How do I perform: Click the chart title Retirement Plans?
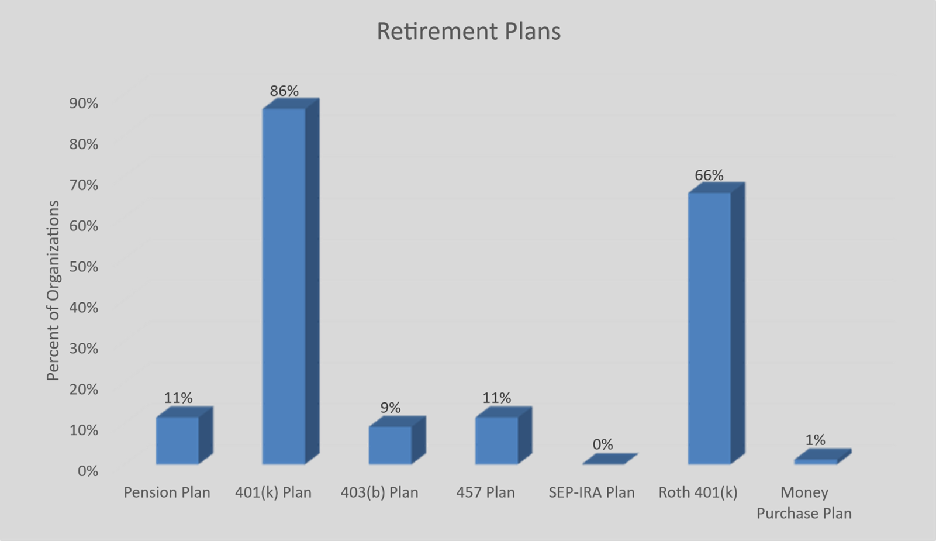point(468,32)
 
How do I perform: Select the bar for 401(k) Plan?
point(291,281)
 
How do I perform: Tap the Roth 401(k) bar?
point(716,323)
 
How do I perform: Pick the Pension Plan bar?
point(184,436)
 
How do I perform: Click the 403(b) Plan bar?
point(397,440)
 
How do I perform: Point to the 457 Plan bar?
point(503,436)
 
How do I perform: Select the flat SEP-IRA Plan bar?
point(610,459)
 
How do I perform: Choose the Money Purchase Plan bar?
point(823,457)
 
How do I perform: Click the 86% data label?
point(284,91)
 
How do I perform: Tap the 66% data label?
point(709,175)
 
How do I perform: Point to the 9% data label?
point(391,408)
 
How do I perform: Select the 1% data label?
point(815,440)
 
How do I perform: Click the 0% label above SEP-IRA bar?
point(603,444)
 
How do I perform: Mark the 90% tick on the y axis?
point(84,104)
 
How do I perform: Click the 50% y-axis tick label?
point(84,267)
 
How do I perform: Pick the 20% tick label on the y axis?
point(84,390)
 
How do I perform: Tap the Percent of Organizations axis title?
point(53,291)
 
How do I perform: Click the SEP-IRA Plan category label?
point(592,492)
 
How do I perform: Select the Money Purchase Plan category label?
point(804,503)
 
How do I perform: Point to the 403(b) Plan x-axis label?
point(379,493)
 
